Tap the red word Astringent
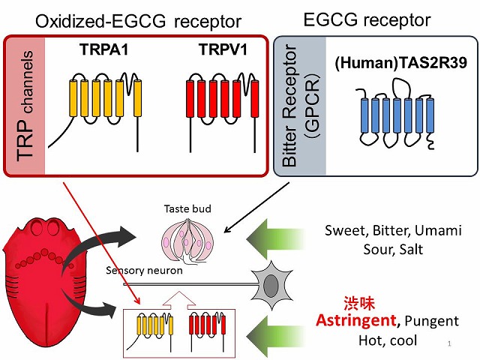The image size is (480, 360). pyautogui.click(x=356, y=320)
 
